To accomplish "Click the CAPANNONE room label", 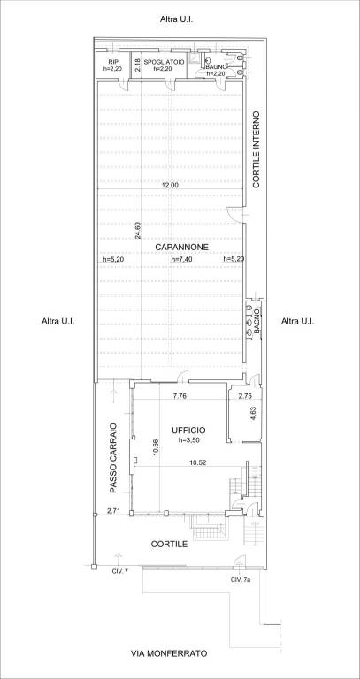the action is pyautogui.click(x=182, y=248).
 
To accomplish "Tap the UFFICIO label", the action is pyautogui.click(x=188, y=431).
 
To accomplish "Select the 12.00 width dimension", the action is pyautogui.click(x=170, y=185).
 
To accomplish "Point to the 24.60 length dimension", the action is pyautogui.click(x=138, y=232).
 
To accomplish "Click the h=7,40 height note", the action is pyautogui.click(x=181, y=259).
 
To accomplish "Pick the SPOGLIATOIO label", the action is pyautogui.click(x=165, y=63).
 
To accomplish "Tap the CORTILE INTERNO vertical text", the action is pyautogui.click(x=256, y=149).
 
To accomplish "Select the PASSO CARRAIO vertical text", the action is pyautogui.click(x=113, y=458).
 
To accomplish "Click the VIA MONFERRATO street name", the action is pyautogui.click(x=169, y=654).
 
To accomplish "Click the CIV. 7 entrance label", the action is pyautogui.click(x=119, y=572).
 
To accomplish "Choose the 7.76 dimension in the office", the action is pyautogui.click(x=180, y=396).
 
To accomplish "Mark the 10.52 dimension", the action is pyautogui.click(x=197, y=462).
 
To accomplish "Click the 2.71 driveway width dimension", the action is pyautogui.click(x=113, y=511).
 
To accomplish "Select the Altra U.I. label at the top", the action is pyautogui.click(x=176, y=19).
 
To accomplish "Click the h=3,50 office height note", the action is pyautogui.click(x=188, y=440).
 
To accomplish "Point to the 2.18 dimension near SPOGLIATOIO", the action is pyautogui.click(x=137, y=65).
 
